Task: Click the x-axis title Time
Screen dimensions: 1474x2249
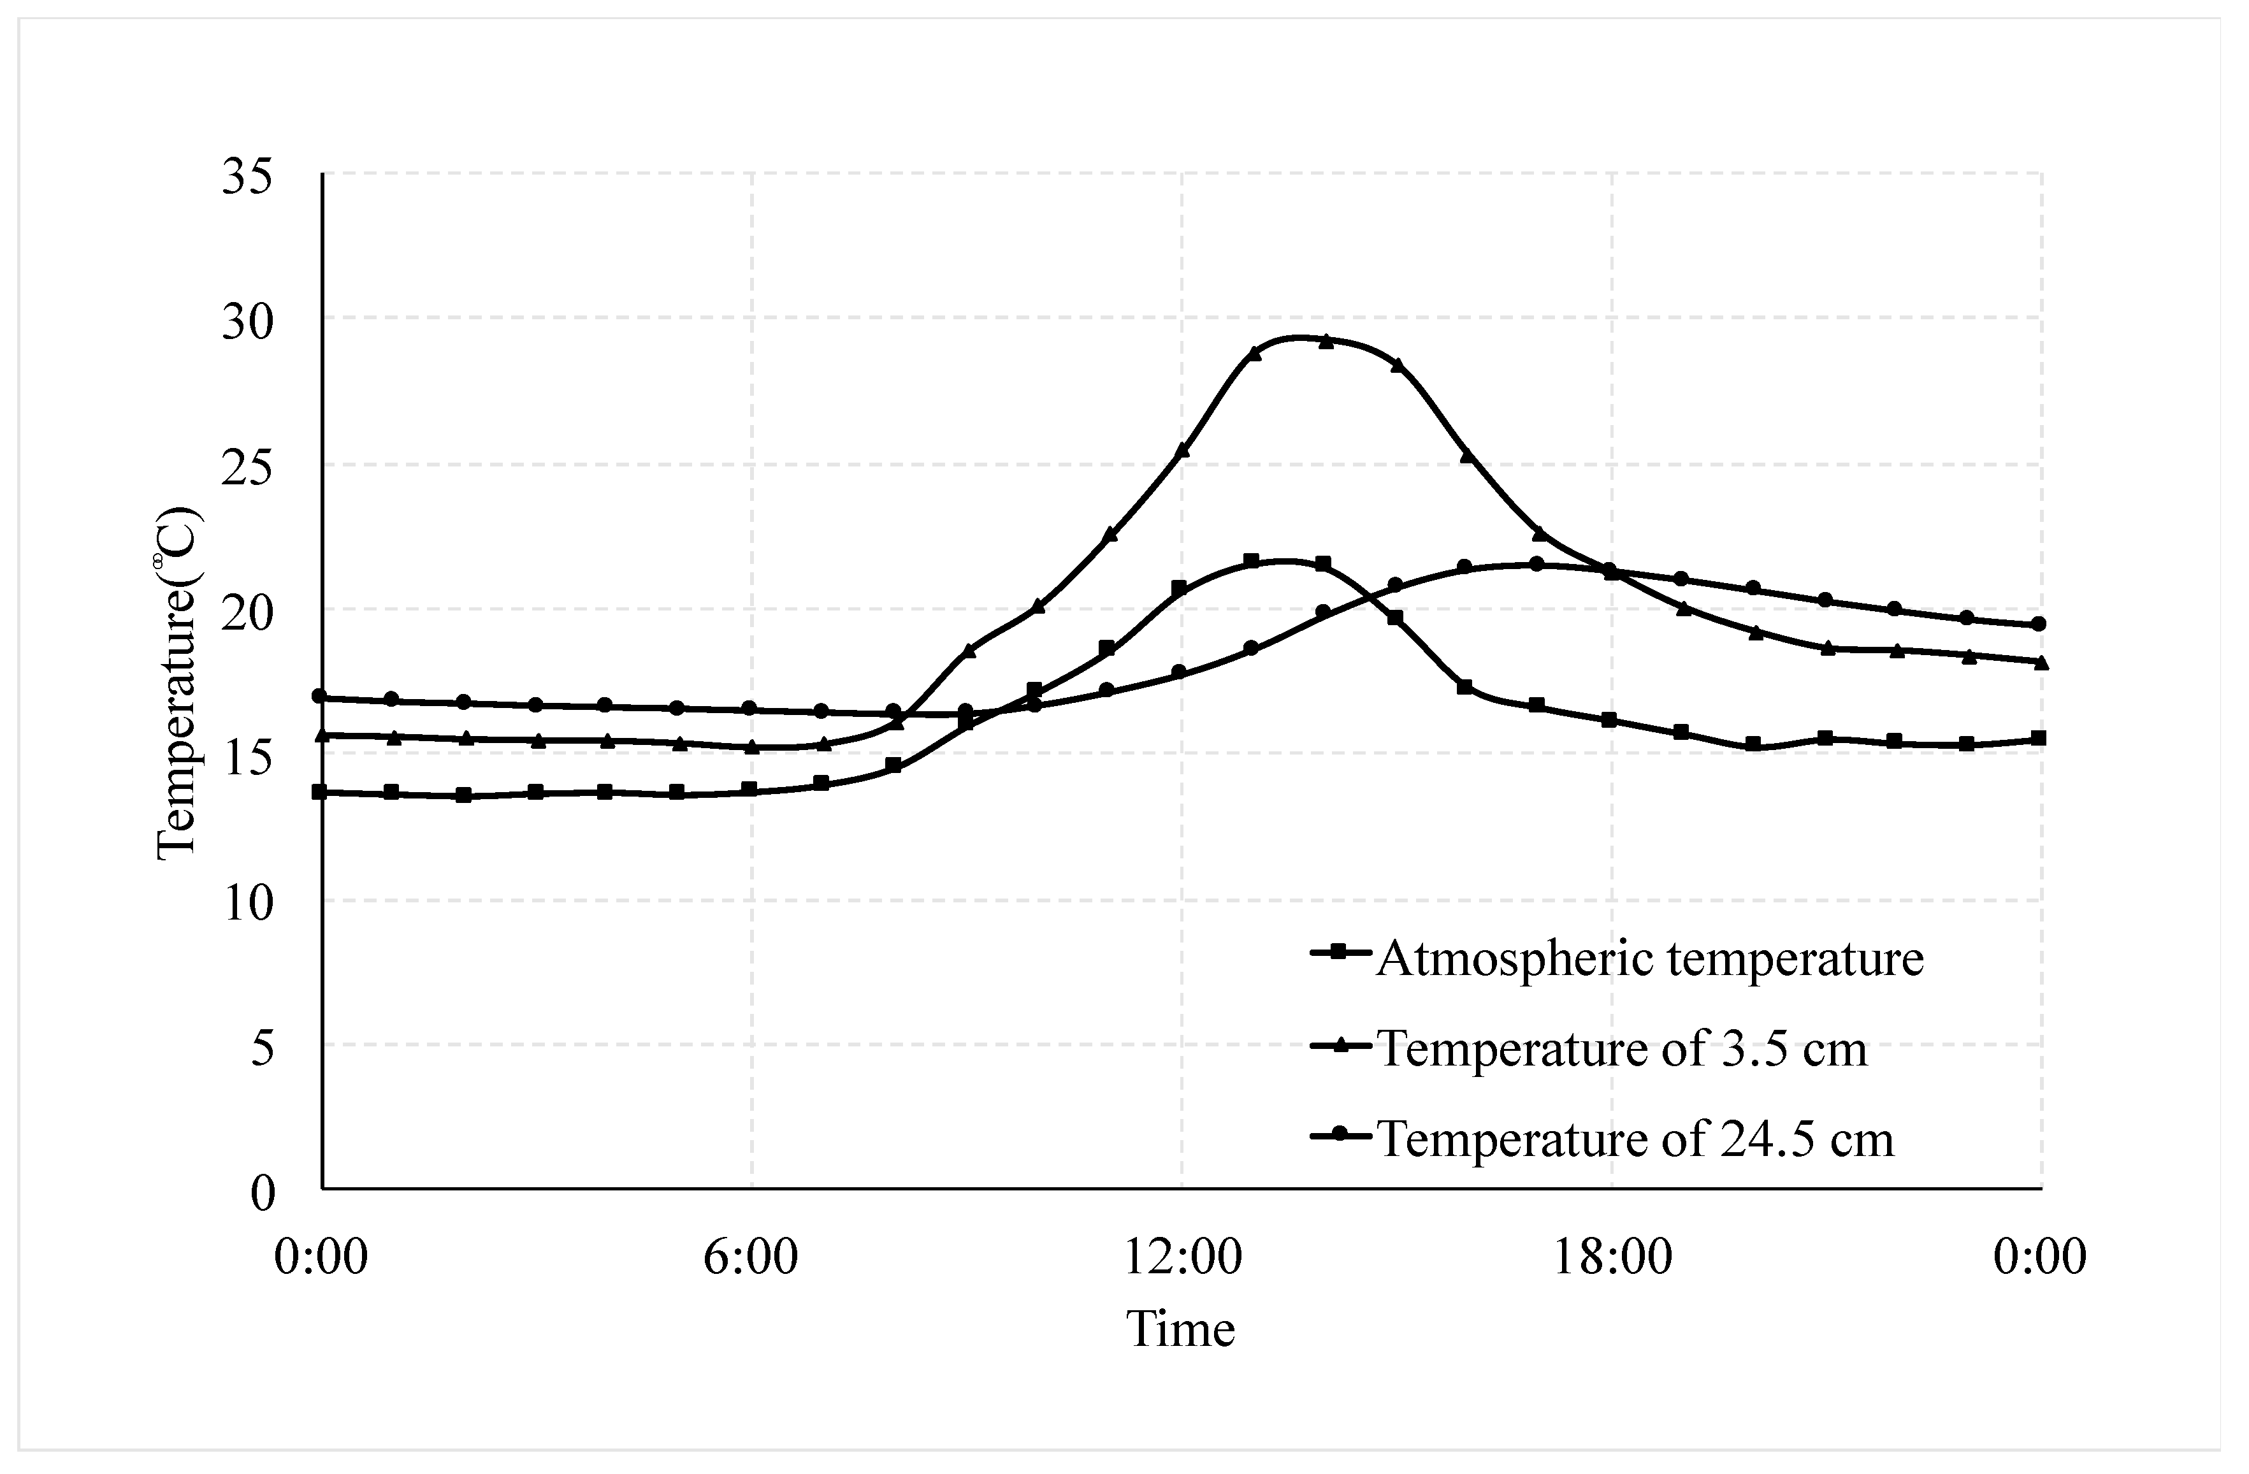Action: click(x=1180, y=1329)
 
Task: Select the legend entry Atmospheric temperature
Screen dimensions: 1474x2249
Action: click(x=1649, y=958)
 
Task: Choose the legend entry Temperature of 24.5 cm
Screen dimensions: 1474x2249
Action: click(x=1635, y=1139)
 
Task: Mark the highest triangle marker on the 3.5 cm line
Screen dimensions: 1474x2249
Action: click(x=1326, y=341)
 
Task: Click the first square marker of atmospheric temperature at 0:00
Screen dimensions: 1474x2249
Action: click(x=321, y=791)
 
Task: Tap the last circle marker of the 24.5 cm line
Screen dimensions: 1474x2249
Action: click(x=2039, y=624)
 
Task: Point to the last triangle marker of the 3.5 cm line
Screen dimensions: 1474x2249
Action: click(x=2040, y=662)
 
